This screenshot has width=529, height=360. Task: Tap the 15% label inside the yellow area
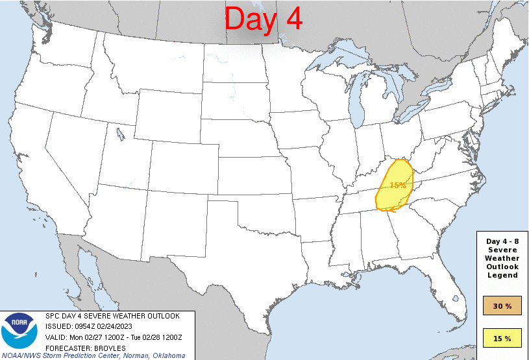point(398,186)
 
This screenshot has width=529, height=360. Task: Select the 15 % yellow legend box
point(502,338)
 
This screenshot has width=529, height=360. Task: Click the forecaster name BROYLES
point(108,347)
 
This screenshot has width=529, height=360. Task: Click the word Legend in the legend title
point(502,275)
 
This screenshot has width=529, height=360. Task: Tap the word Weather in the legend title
point(502,258)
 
